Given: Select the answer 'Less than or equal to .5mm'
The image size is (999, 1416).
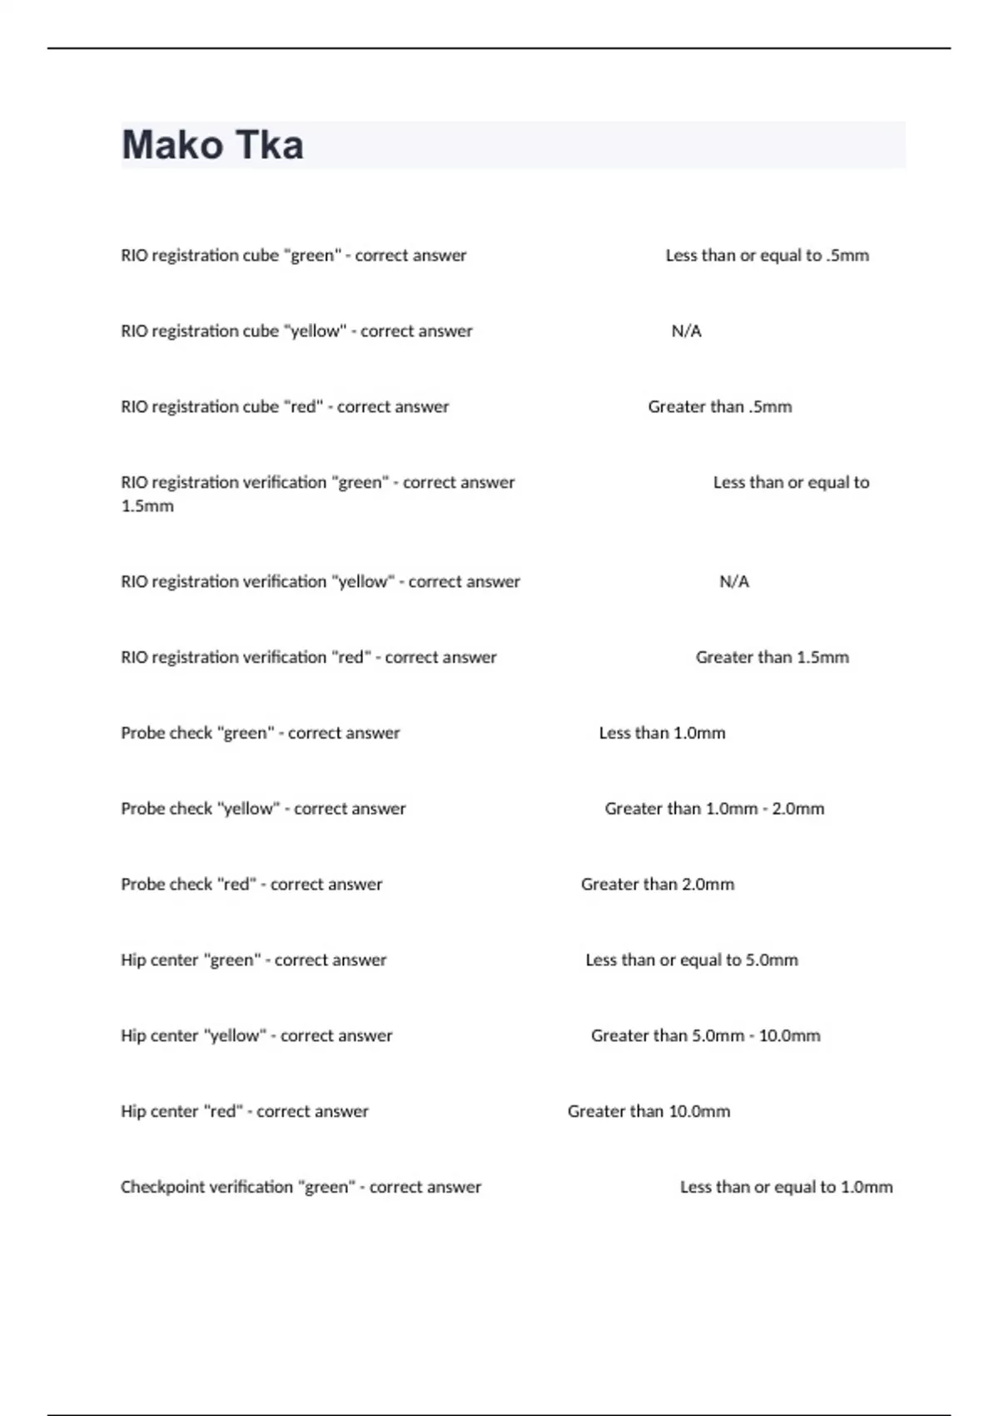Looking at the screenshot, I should (x=767, y=256).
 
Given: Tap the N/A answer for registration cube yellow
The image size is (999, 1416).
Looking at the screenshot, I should (x=686, y=332).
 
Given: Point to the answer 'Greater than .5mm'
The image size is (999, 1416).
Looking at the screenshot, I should (x=719, y=407).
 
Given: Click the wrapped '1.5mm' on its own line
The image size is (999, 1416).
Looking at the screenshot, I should (x=147, y=506).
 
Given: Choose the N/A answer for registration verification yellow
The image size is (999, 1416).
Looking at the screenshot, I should (x=733, y=582).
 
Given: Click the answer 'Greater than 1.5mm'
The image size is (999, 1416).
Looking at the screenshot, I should (x=772, y=658).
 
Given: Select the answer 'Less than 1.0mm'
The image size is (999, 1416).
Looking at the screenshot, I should (x=662, y=734).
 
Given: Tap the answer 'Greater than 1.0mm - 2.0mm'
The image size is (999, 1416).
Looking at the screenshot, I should (x=714, y=809).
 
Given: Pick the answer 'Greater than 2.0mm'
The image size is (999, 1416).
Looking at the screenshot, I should (x=657, y=885).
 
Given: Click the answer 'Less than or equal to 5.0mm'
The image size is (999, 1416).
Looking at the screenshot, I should (x=691, y=960).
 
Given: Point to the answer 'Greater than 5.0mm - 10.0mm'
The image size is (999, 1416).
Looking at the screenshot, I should (x=705, y=1036).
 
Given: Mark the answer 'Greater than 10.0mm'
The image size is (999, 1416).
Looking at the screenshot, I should (x=649, y=1112).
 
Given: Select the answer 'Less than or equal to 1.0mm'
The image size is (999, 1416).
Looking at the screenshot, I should (x=786, y=1188).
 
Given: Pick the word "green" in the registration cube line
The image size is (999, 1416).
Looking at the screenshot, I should (x=313, y=256).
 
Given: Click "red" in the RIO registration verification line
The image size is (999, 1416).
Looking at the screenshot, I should (x=351, y=658).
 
